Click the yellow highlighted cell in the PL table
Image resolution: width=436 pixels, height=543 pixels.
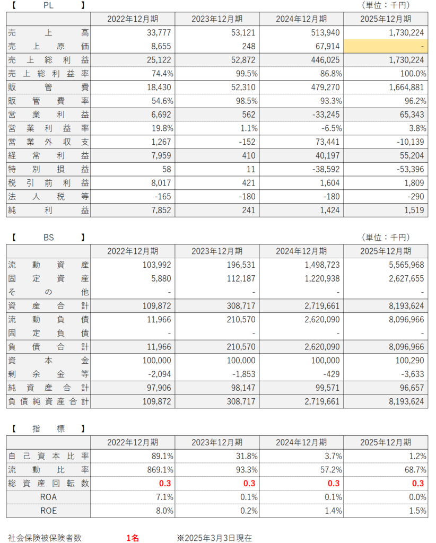coord(386,46)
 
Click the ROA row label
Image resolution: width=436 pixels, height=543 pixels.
coord(48,497)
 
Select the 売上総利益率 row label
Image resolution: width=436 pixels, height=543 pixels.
coord(48,74)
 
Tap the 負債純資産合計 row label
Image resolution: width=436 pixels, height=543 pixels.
coord(48,401)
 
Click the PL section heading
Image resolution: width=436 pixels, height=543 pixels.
coord(48,5)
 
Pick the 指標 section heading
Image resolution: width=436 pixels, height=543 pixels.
coord(48,428)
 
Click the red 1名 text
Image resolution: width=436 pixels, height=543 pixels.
coord(133,538)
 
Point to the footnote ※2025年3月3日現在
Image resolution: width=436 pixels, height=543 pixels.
coord(214,538)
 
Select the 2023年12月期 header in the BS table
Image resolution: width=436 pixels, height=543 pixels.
coord(217,250)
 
